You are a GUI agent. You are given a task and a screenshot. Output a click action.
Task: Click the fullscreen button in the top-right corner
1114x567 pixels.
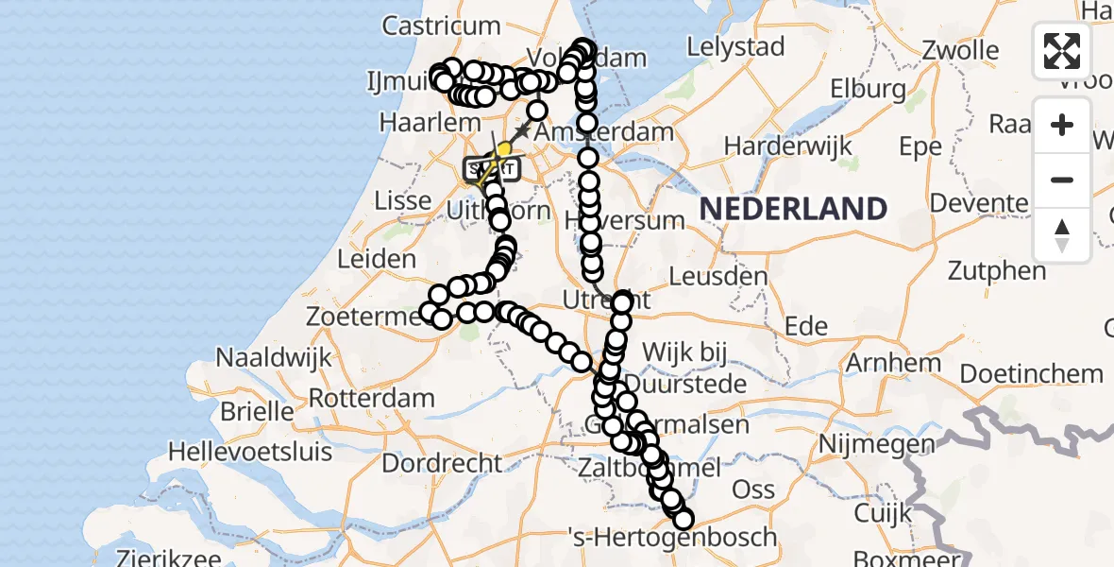tap(1062, 51)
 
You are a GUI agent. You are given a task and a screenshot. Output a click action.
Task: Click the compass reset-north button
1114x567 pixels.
tap(1062, 234)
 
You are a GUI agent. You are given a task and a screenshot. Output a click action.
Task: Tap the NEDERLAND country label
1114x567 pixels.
tap(793, 209)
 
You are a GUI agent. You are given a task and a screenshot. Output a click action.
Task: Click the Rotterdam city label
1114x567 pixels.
tap(371, 398)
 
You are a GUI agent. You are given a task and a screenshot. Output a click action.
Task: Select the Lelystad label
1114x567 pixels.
tap(735, 46)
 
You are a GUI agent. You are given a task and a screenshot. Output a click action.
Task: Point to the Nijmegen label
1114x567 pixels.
tap(877, 442)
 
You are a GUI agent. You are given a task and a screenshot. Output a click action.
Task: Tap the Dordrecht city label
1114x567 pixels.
tap(443, 463)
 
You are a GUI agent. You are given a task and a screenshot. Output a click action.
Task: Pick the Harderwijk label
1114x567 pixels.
tap(788, 146)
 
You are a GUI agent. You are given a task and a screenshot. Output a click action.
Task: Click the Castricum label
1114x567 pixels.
tap(441, 26)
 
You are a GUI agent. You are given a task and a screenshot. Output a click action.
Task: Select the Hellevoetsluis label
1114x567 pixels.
tap(249, 452)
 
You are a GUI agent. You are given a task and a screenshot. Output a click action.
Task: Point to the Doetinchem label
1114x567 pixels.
tap(1032, 373)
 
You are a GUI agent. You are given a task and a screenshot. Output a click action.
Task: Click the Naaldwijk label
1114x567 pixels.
tap(275, 357)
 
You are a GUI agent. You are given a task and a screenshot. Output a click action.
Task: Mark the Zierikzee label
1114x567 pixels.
tap(170, 557)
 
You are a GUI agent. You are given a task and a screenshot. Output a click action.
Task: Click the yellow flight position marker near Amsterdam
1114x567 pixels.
tap(504, 148)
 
